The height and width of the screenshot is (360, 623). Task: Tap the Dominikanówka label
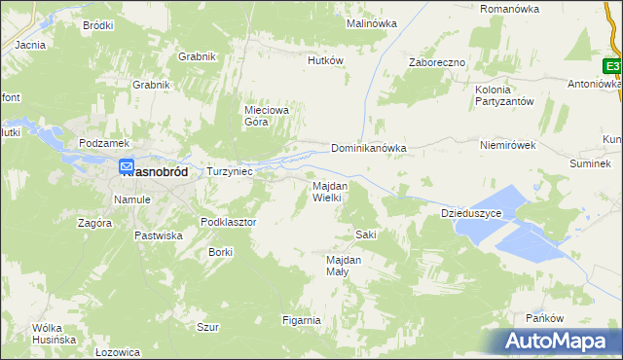point(368,149)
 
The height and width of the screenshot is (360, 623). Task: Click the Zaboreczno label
point(437,62)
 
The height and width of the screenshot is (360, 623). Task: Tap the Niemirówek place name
point(509,145)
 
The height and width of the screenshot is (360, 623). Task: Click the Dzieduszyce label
point(471,212)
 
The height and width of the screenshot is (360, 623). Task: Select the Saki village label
point(366,234)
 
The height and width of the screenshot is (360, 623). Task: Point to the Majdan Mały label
point(344,267)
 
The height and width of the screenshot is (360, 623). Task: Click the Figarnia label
point(301,320)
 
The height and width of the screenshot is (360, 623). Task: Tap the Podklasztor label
point(228,222)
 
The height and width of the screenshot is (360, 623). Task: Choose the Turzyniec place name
point(230,171)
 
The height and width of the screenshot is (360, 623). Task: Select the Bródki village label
point(98,25)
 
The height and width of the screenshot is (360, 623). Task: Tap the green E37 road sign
point(612,66)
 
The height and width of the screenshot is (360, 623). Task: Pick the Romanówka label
point(510,9)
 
